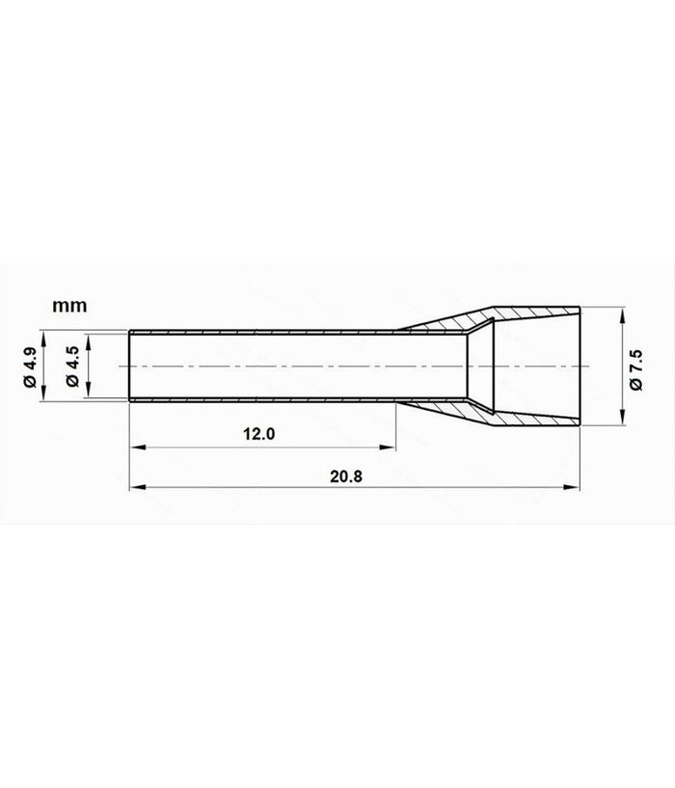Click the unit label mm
point(69,306)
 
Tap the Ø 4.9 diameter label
point(31,367)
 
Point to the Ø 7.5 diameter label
point(635,367)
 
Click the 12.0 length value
point(260,435)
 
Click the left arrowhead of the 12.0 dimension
point(135,447)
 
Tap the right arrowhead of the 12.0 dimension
point(390,447)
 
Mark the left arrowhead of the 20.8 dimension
point(135,488)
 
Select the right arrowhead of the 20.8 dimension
point(578,488)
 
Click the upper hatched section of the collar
point(526,316)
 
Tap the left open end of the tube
point(130,367)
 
